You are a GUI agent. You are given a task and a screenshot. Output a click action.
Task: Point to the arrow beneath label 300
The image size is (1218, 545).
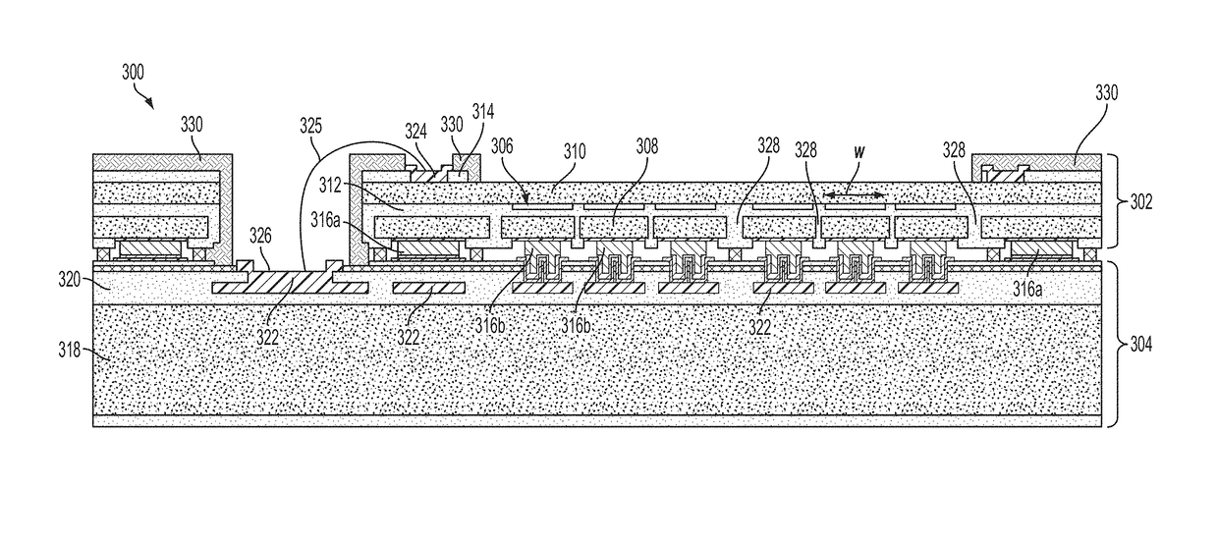pyautogui.click(x=146, y=96)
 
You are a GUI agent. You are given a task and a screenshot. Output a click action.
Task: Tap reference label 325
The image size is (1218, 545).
pyautogui.click(x=311, y=127)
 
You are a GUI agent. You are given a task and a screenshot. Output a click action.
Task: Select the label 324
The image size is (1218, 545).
pyautogui.click(x=416, y=130)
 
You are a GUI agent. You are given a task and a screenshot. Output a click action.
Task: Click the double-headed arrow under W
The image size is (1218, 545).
pyautogui.click(x=854, y=196)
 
